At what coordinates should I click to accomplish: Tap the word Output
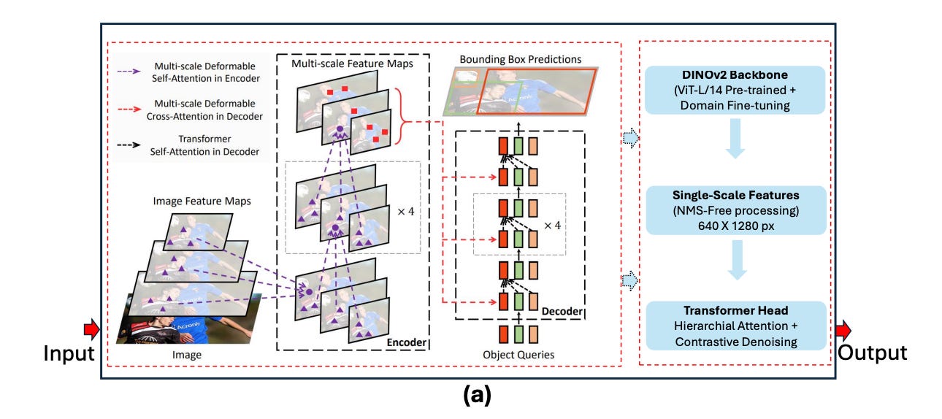click(873, 353)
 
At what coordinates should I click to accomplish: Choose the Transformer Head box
click(738, 326)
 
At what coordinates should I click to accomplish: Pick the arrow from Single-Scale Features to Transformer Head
click(737, 264)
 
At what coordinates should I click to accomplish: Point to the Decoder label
click(562, 312)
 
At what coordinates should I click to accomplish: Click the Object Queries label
click(518, 355)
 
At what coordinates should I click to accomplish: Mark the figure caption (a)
click(471, 396)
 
